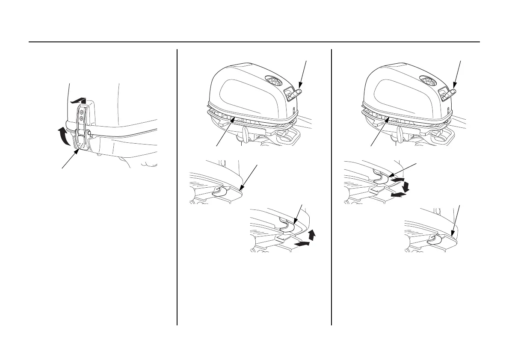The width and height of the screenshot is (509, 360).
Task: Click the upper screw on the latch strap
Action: tap(82, 112)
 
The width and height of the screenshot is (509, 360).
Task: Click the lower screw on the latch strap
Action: tap(82, 119)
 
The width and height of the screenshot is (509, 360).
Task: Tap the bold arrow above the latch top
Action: tap(80, 100)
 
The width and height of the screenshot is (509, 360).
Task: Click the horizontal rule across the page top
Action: tap(254, 42)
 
